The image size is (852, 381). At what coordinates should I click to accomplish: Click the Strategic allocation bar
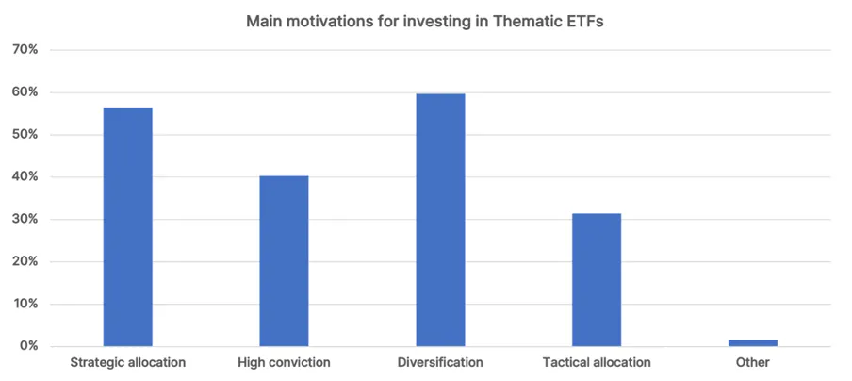pos(127,226)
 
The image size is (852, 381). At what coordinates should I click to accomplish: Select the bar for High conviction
pos(284,261)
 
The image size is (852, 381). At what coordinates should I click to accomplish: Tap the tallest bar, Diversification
pos(441,220)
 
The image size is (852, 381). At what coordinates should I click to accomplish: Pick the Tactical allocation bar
pos(597,280)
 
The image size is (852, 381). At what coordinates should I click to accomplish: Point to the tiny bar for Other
pos(753,343)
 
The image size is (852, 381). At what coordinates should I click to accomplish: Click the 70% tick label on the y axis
pos(25,50)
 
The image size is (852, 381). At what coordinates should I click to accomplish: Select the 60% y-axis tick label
pos(25,92)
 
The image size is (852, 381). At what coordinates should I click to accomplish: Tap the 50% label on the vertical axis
pos(25,135)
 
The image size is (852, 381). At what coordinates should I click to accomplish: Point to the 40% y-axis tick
pos(25,177)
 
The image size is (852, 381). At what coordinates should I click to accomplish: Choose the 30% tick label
pos(25,220)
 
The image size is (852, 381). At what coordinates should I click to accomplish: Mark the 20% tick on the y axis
pos(25,262)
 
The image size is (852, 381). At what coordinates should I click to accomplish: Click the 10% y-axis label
pos(25,305)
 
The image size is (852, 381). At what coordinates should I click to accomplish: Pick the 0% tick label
pos(28,346)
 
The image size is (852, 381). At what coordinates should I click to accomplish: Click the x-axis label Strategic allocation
pos(127,362)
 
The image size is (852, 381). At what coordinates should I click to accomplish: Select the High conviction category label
pos(284,362)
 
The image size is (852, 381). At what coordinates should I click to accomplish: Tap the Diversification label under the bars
pos(440,362)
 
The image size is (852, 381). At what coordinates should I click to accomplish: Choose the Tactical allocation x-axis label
pos(597,362)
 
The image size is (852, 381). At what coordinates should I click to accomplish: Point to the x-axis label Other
pos(753,362)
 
